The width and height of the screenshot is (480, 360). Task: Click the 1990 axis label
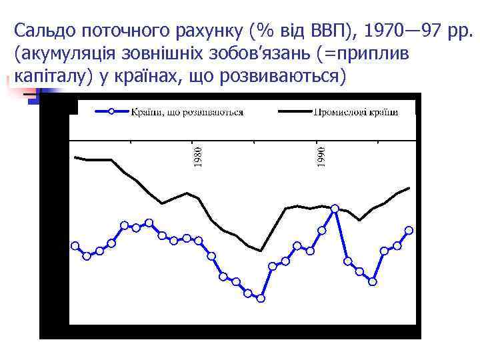321,157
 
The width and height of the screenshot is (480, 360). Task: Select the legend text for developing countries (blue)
187,111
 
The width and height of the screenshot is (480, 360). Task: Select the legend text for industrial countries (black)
355,111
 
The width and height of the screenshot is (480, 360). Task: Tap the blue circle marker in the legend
111,111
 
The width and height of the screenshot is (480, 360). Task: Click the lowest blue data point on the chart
261,298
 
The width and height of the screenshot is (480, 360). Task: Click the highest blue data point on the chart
335,209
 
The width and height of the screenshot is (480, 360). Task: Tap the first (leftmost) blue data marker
75,245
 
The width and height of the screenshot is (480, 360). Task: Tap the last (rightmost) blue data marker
409,230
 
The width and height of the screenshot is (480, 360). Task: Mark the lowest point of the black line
261,251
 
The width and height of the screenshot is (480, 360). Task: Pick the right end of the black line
409,188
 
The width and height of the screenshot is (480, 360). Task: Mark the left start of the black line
75,157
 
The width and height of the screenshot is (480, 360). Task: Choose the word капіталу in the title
46,76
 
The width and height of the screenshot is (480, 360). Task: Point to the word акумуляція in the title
66,53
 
